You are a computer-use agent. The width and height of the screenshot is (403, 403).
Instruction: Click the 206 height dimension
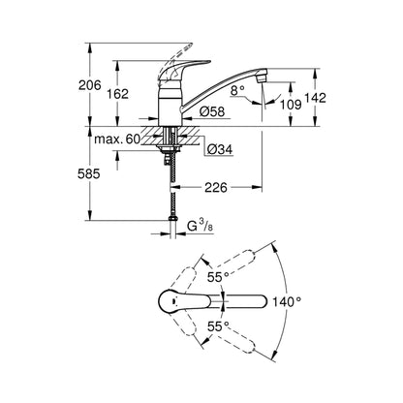tap(90, 85)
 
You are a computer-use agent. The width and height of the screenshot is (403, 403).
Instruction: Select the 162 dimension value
tap(117, 94)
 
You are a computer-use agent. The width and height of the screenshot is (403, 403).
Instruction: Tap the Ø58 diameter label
tap(212, 111)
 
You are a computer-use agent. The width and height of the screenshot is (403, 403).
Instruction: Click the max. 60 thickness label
tap(117, 139)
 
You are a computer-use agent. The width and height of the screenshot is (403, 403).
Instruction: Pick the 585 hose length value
tap(89, 174)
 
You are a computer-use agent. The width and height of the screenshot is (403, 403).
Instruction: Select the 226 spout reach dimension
tap(216, 187)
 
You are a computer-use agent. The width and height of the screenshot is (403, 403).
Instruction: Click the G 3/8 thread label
tap(201, 226)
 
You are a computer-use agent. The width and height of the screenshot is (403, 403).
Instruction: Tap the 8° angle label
tap(238, 91)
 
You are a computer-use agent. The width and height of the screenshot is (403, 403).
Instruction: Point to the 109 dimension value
tap(291, 104)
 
